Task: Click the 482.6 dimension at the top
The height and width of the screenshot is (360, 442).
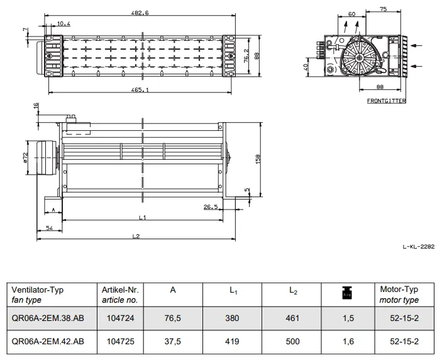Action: (140, 13)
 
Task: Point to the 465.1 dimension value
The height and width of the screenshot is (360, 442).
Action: (140, 90)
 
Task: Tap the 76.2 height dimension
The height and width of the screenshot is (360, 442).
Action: (246, 55)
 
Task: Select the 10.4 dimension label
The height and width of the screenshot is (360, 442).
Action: (64, 23)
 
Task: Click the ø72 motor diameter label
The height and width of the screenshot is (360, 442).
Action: (25, 157)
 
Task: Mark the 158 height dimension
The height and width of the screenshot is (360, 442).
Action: (258, 159)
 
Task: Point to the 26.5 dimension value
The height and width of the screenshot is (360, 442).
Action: (211, 207)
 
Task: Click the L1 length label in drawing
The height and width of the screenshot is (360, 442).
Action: (142, 218)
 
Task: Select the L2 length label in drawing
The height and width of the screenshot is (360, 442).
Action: (136, 236)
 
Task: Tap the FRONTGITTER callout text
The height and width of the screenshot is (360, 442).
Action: (387, 101)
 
